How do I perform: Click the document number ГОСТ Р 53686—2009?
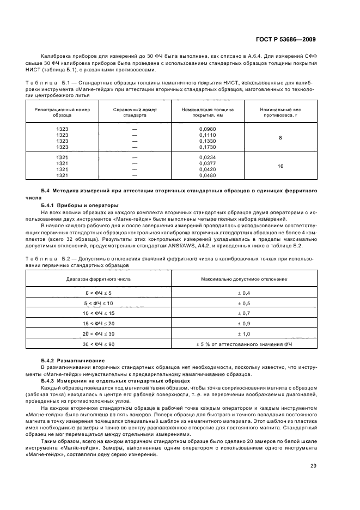(x=289, y=39)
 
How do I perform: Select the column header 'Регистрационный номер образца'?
(x=62, y=113)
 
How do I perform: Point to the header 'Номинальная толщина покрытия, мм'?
(x=208, y=113)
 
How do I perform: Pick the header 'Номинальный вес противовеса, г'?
(x=280, y=113)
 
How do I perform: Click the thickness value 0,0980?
(x=208, y=129)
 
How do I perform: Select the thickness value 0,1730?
(x=208, y=147)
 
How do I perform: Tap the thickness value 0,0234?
(x=208, y=157)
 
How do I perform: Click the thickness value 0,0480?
(x=208, y=175)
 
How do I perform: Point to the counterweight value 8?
(x=280, y=138)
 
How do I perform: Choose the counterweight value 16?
(x=280, y=166)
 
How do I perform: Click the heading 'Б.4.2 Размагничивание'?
(x=74, y=361)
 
